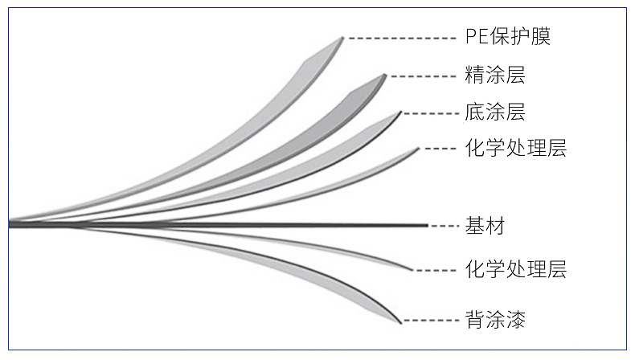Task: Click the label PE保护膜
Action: click(508, 37)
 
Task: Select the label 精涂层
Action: click(494, 76)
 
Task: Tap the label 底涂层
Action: click(494, 112)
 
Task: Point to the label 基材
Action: click(485, 226)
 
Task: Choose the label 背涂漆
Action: click(494, 320)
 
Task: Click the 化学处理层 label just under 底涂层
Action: click(515, 149)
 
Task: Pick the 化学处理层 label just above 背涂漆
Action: click(515, 269)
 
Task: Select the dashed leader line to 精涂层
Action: click(422, 77)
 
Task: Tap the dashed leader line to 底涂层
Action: click(430, 112)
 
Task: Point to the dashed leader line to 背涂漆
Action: click(430, 321)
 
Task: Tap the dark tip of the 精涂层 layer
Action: click(384, 76)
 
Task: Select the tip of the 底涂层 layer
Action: click(399, 112)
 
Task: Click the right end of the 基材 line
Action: click(425, 226)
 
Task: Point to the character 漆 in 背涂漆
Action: click(515, 320)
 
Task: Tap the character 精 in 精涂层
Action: click(474, 76)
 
